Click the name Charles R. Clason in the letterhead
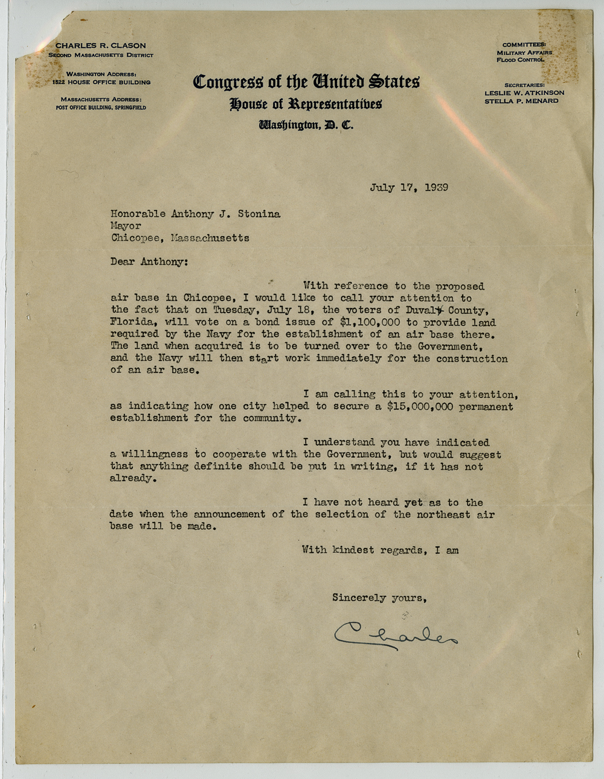[x=101, y=45]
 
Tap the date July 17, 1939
[x=409, y=187]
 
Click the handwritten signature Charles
[x=396, y=634]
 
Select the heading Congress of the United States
[x=306, y=82]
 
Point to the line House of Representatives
[x=306, y=104]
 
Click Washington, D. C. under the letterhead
[x=306, y=125]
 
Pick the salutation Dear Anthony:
[x=149, y=262]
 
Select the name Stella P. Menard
[x=521, y=101]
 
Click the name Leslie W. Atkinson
[x=524, y=93]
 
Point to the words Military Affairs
[x=524, y=53]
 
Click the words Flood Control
[x=520, y=60]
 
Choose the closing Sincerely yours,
[x=380, y=598]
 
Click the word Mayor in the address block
[x=126, y=226]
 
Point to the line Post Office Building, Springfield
[x=101, y=108]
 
